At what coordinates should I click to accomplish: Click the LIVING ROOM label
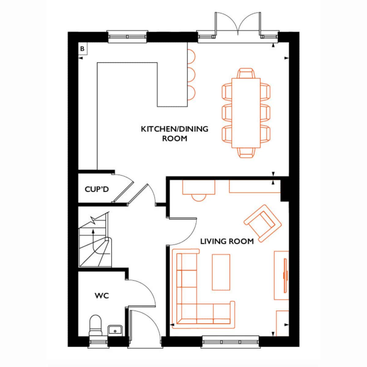click(227, 242)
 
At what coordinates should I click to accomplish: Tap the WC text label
click(102, 296)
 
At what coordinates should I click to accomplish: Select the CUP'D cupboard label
click(97, 189)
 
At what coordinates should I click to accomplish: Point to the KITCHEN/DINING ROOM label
click(175, 134)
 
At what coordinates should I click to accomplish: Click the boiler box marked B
click(83, 49)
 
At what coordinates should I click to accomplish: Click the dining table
click(246, 113)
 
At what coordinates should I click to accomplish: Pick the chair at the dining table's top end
click(246, 73)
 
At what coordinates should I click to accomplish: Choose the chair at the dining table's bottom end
click(246, 153)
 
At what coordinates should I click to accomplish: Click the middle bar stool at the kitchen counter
click(191, 75)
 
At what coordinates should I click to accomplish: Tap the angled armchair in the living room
click(263, 223)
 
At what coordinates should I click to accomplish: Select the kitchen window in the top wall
click(127, 37)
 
